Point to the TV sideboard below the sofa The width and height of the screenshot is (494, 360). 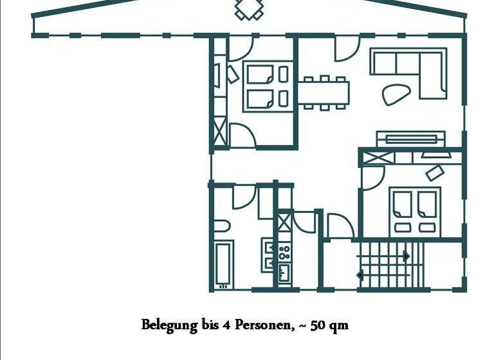coord(410,138)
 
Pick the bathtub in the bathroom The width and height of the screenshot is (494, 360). coord(224,264)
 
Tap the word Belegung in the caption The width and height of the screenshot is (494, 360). coord(169,325)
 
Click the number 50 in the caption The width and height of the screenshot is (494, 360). coord(318,325)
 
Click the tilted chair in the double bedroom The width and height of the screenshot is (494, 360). coord(435,172)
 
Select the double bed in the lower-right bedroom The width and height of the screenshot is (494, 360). coord(416,210)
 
